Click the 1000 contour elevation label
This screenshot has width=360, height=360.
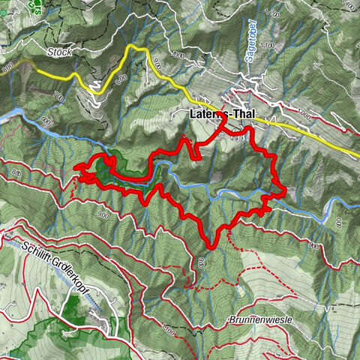coord(303,113)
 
